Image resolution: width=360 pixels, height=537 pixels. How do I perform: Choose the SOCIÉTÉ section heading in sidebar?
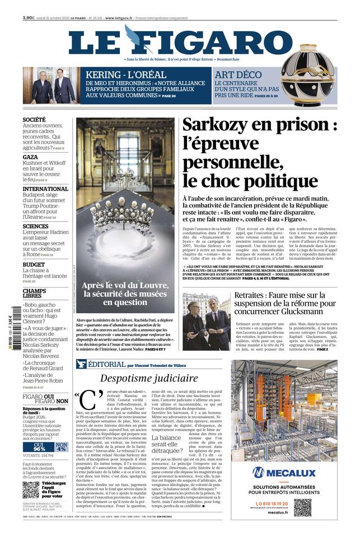tap(34, 120)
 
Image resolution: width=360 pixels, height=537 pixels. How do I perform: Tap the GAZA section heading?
tap(30, 157)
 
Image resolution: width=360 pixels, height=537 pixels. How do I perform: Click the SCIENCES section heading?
tap(35, 227)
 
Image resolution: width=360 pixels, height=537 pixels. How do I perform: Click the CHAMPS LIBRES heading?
tap(34, 294)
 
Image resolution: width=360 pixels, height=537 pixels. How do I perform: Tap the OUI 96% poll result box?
tap(38, 431)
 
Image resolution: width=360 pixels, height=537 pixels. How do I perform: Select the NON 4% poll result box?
tap(61, 431)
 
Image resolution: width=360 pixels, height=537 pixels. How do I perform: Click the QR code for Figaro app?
tap(31, 489)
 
